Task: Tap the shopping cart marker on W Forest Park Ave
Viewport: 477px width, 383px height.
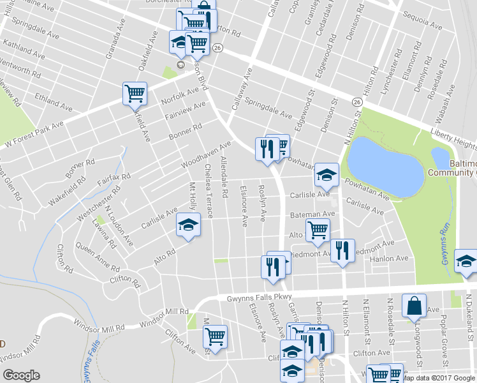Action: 135,93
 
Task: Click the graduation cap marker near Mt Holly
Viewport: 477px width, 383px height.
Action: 188,225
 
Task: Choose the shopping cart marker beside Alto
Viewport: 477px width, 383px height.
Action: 318,229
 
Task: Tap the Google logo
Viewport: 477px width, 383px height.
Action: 21,375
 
